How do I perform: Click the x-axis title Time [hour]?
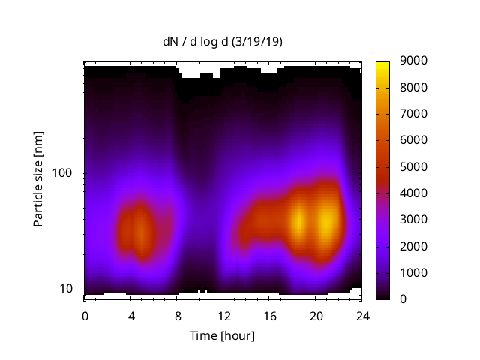click(222, 335)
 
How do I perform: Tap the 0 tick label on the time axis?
click(85, 315)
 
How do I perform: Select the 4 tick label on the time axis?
click(131, 315)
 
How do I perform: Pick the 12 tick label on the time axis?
click(223, 315)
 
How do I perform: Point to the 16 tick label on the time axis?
click(270, 315)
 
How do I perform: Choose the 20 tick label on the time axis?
click(316, 315)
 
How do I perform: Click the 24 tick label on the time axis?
click(362, 315)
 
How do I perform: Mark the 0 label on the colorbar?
click(403, 299)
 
